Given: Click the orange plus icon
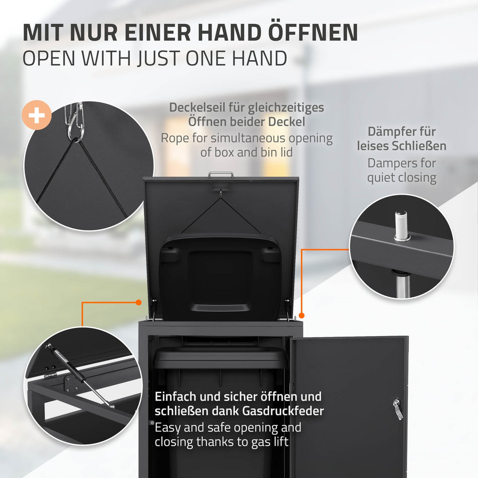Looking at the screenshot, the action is pyautogui.click(x=36, y=115).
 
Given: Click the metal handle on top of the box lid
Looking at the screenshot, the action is pyautogui.click(x=221, y=175).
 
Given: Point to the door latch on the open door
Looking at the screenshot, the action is pyautogui.click(x=397, y=409).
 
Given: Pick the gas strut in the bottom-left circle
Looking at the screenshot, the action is pyautogui.click(x=79, y=375).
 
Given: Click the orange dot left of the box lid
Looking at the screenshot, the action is pyautogui.click(x=138, y=302).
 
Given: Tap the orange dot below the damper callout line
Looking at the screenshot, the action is pyautogui.click(x=302, y=315).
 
